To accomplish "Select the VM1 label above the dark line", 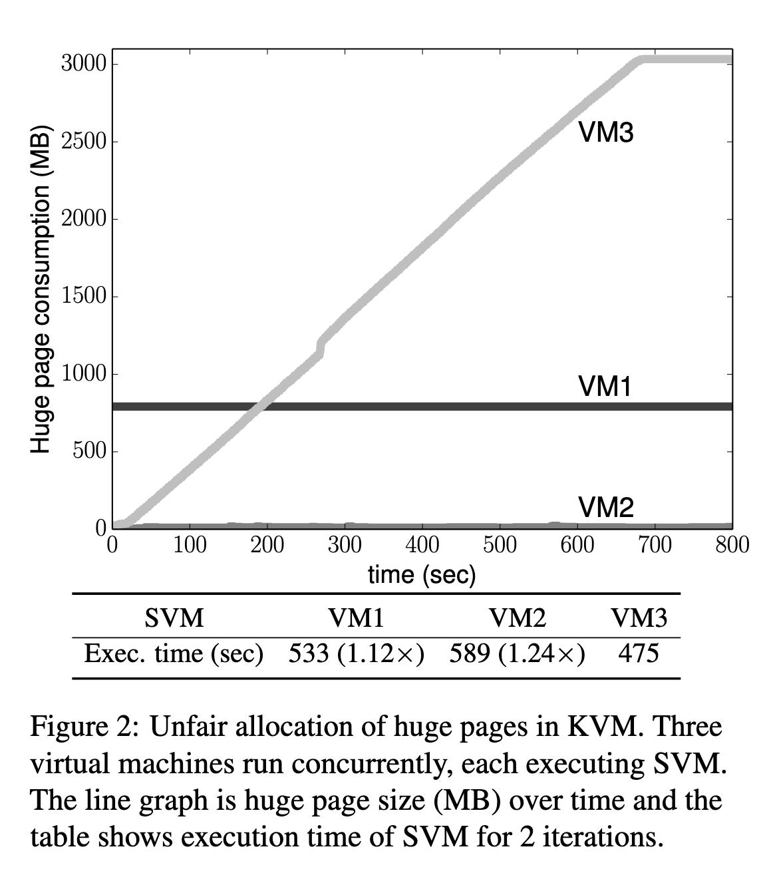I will [605, 386].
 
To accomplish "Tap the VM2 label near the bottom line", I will [606, 507].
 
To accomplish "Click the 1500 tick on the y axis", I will [84, 296].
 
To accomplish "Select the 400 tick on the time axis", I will [422, 545].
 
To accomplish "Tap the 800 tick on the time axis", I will [732, 545].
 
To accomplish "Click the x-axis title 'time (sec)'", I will [422, 574].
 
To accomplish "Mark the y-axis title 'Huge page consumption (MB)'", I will [41, 289].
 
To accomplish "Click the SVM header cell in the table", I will [174, 618].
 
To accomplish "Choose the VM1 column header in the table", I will [357, 618].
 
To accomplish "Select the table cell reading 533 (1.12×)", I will [357, 654].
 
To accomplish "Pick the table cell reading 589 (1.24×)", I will [518, 654].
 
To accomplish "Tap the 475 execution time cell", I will [639, 654].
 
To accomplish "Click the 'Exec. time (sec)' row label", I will [174, 654].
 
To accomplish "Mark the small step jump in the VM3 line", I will [321, 347].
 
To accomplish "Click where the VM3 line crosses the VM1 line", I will [260, 406].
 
